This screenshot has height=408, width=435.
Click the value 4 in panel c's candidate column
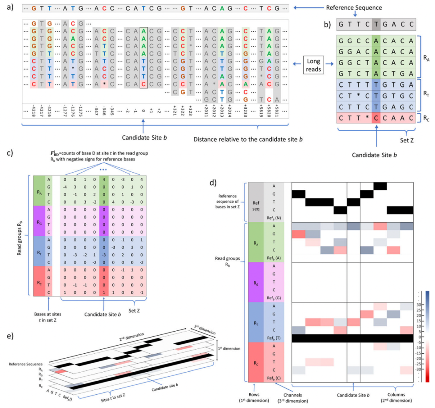coord(104,179)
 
